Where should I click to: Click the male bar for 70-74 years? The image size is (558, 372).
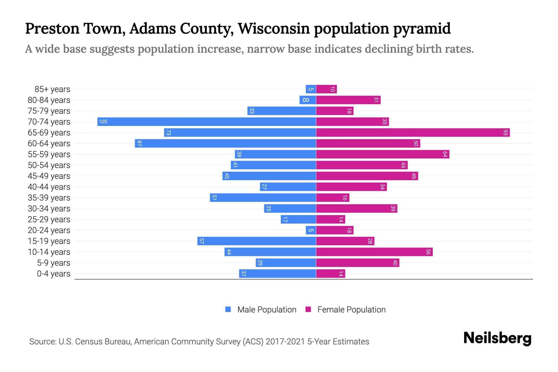pyautogui.click(x=207, y=122)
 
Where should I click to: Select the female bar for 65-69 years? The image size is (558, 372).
pyautogui.click(x=413, y=132)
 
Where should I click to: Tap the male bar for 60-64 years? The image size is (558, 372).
pyautogui.click(x=225, y=143)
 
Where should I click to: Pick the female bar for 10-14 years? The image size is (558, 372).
pyautogui.click(x=374, y=252)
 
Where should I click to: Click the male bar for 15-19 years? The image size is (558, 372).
pyautogui.click(x=257, y=241)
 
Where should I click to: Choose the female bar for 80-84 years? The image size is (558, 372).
pyautogui.click(x=348, y=100)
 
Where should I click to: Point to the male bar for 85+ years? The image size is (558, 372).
pyautogui.click(x=311, y=89)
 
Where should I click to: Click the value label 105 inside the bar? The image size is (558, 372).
pyautogui.click(x=103, y=122)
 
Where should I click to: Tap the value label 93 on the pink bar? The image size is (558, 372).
pyautogui.click(x=506, y=133)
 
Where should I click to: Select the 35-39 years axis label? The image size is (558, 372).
pyautogui.click(x=49, y=198)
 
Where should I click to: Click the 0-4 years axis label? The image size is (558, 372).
pyautogui.click(x=53, y=274)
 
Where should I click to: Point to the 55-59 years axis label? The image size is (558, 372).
pyautogui.click(x=49, y=154)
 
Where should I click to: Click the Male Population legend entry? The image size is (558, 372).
pyautogui.click(x=261, y=309)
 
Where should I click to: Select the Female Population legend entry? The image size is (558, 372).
pyautogui.click(x=345, y=309)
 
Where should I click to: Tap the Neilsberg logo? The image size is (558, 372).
pyautogui.click(x=497, y=338)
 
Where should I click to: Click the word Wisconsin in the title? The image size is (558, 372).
pyautogui.click(x=274, y=29)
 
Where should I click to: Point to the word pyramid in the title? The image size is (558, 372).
pyautogui.click(x=422, y=29)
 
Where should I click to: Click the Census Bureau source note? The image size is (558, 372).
pyautogui.click(x=199, y=341)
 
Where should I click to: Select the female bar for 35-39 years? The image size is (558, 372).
pyautogui.click(x=333, y=197)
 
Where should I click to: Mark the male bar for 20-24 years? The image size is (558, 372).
pyautogui.click(x=311, y=230)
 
